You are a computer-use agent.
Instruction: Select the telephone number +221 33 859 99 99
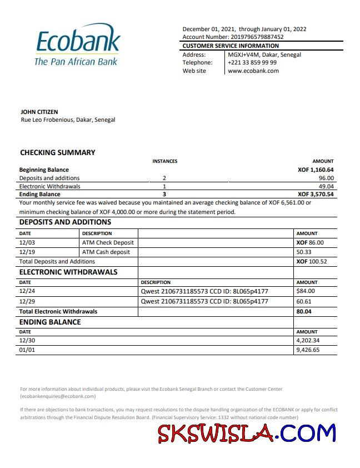[252, 63]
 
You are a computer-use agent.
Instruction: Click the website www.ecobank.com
[253, 71]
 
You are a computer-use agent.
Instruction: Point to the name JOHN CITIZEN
[39, 112]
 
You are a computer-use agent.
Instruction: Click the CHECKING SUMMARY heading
[58, 152]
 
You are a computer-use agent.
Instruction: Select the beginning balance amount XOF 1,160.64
[316, 170]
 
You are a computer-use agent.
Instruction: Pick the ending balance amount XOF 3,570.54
[316, 195]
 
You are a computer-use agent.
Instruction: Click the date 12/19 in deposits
[27, 252]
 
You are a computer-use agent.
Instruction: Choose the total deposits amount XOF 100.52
[312, 261]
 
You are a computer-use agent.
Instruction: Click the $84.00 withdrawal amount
[306, 291]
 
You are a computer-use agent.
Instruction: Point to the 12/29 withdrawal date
[27, 301]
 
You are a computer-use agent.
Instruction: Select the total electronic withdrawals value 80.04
[304, 311]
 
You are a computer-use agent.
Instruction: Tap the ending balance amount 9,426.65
[308, 351]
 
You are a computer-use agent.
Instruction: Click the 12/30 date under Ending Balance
[27, 341]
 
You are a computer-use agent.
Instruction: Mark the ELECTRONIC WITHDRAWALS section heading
[68, 272]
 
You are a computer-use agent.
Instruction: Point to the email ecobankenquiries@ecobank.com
[58, 396]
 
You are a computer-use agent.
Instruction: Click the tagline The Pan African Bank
[76, 62]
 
